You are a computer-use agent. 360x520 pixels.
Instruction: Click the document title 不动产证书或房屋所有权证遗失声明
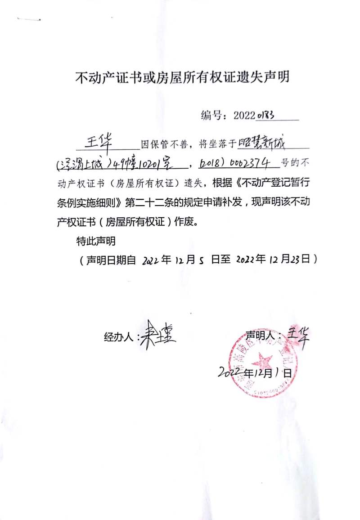pos(182,78)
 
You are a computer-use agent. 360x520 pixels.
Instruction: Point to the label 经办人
pos(119,336)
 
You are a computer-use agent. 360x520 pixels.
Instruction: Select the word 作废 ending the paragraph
pos(183,222)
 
